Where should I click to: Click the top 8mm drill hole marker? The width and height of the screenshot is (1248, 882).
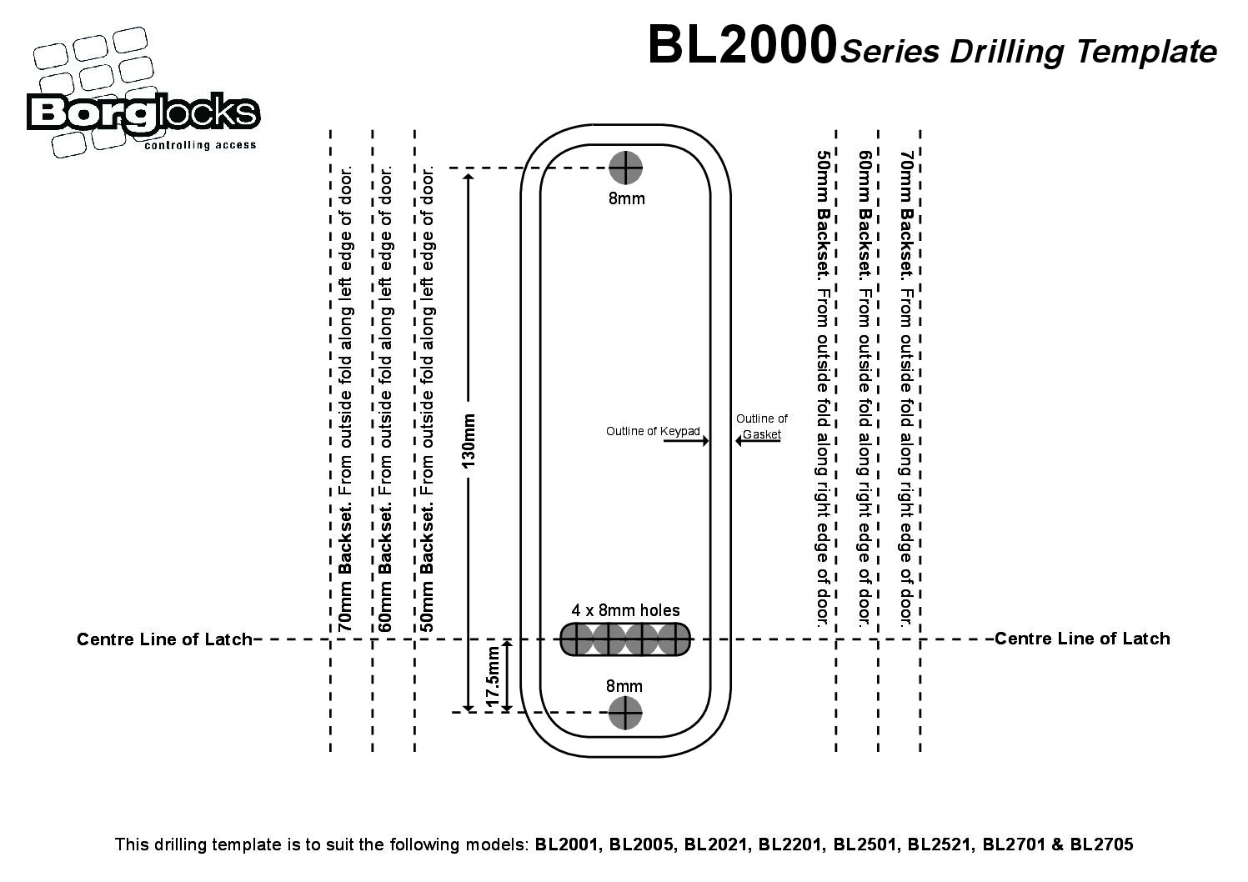625,168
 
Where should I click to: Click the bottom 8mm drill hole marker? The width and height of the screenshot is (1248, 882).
624,713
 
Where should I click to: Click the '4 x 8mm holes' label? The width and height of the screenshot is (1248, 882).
625,611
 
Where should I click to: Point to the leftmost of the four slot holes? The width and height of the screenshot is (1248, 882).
577,639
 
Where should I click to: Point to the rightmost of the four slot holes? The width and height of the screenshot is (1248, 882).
674,639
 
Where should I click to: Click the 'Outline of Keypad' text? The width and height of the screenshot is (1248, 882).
653,431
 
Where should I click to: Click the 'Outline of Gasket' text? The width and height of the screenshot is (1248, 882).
761,426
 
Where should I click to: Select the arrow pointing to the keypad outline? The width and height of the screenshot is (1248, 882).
685,441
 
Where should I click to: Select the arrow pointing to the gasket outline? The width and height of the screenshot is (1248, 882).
758,441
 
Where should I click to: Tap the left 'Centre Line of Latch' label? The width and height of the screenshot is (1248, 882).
164,639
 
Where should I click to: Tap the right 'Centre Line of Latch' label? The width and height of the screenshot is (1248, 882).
1082,639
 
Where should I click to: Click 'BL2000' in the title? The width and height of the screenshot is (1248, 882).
742,45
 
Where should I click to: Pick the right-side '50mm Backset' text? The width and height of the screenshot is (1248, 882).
823,213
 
